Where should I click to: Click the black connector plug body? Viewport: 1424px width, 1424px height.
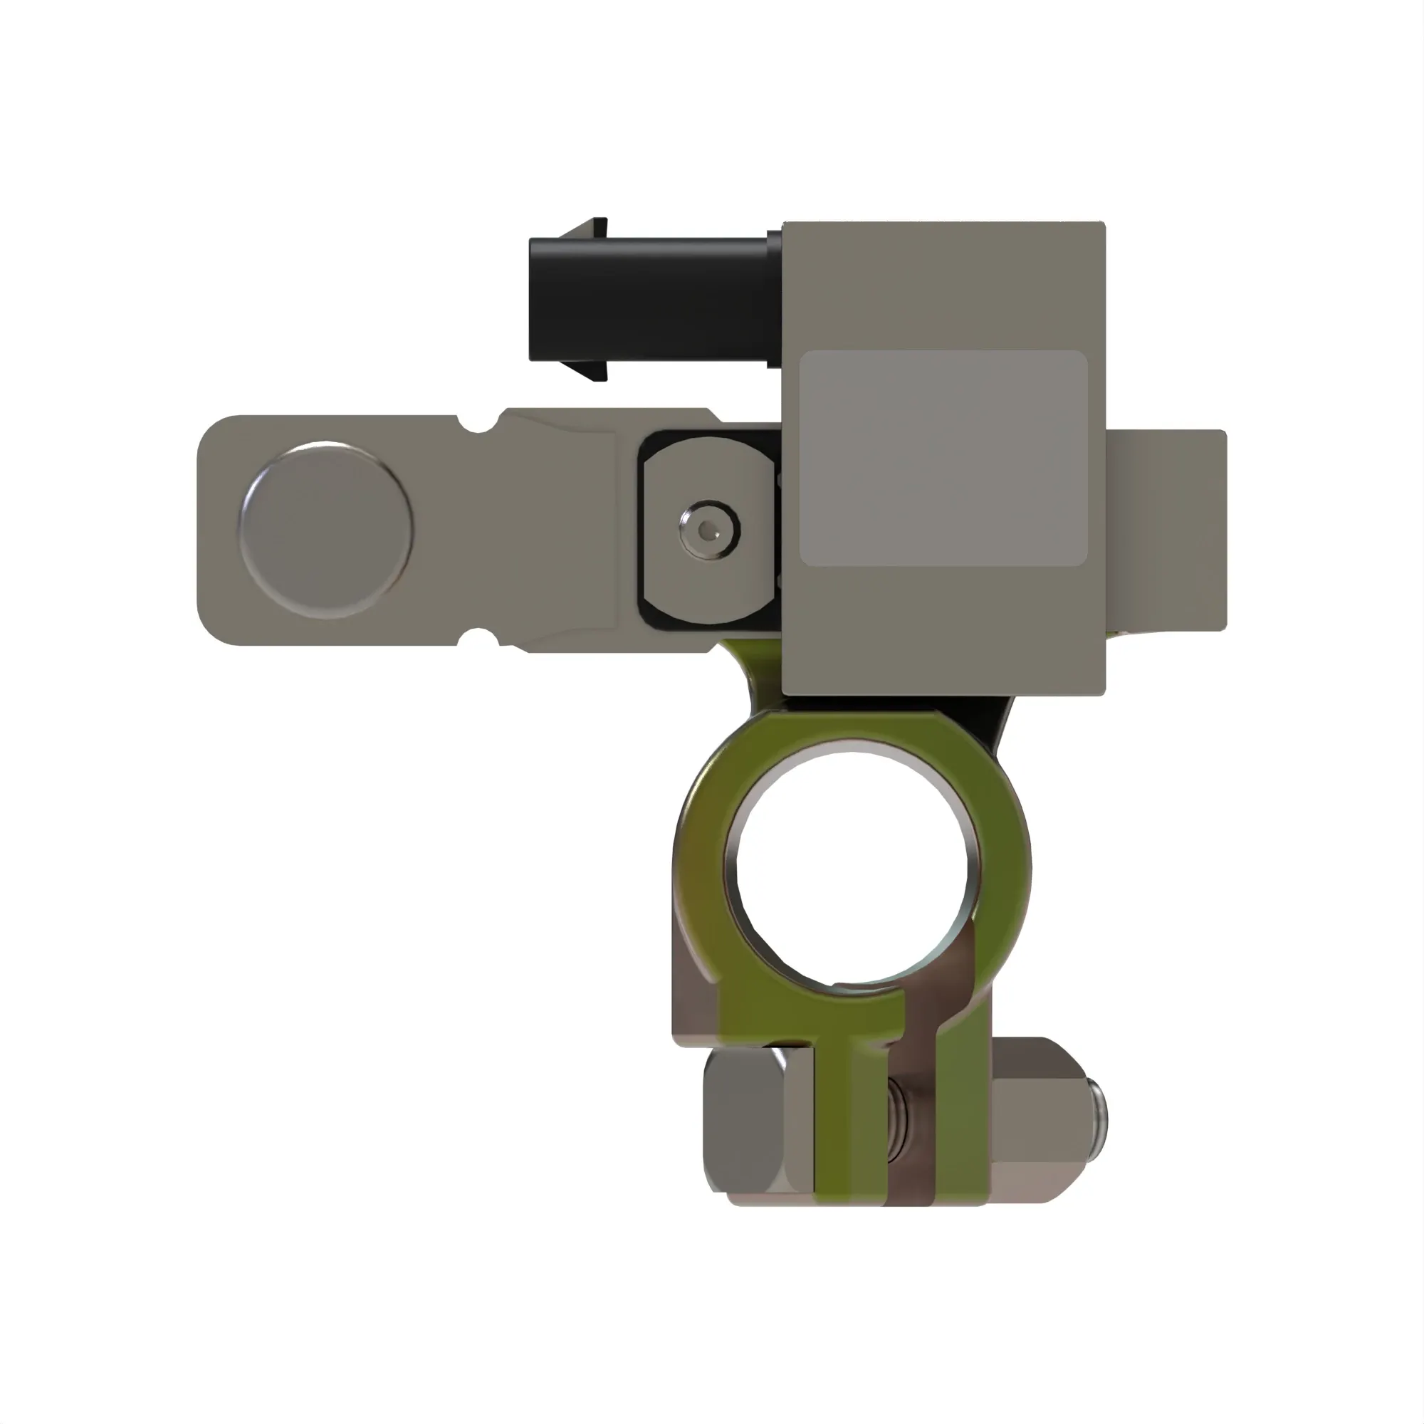[x=649, y=298]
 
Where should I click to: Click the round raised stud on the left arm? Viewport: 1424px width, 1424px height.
[x=326, y=530]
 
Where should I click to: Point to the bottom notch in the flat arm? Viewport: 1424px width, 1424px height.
[x=478, y=637]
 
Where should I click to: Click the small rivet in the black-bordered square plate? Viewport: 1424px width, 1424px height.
[x=709, y=530]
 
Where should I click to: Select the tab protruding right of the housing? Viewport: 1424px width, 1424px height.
[x=1168, y=530]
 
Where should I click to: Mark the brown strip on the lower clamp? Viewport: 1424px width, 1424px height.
[x=914, y=1150]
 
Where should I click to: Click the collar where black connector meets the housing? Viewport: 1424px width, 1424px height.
[x=774, y=298]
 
